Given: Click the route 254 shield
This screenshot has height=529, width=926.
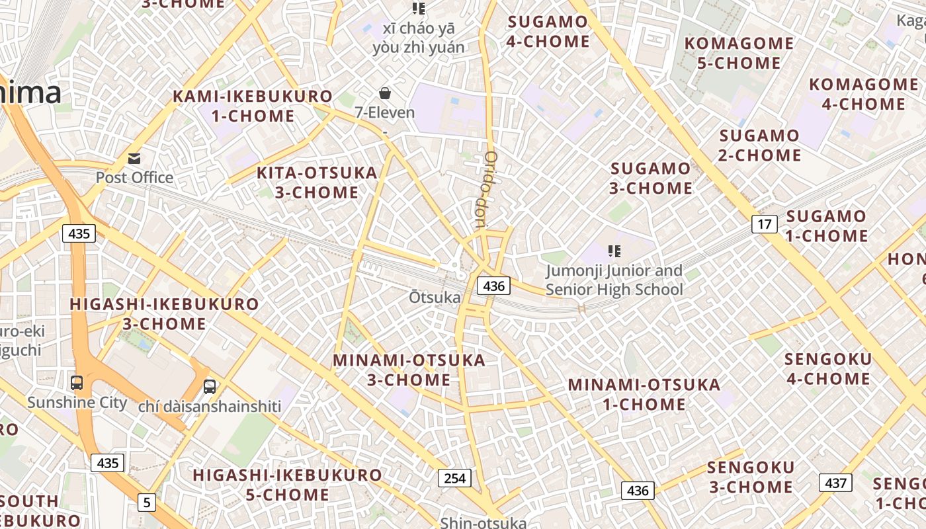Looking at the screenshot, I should [455, 478].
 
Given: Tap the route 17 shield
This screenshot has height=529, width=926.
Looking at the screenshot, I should [764, 224].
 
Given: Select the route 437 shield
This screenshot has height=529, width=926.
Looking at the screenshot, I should [835, 483].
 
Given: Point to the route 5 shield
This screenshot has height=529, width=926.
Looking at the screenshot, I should [146, 503].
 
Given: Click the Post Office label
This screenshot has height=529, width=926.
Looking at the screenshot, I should [134, 177].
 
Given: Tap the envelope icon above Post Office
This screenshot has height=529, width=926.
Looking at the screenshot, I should [134, 159].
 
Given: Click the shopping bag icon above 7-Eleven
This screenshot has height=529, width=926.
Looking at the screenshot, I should [385, 93].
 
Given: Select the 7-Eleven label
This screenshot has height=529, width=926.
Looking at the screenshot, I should [385, 112].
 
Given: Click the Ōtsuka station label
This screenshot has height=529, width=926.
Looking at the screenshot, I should [435, 298].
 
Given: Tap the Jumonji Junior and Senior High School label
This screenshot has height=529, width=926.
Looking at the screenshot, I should [614, 280].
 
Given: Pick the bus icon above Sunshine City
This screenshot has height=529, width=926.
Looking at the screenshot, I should [77, 383].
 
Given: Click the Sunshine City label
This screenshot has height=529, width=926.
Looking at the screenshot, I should [77, 402].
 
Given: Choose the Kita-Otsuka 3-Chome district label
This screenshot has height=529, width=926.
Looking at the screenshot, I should [317, 183].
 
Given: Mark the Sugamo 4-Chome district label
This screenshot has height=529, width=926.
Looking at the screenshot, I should [548, 32].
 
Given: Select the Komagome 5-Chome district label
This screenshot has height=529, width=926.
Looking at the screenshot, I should [739, 54].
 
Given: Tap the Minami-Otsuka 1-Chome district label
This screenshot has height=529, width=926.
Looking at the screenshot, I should [644, 394].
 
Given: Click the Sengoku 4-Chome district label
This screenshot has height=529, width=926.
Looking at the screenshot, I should [827, 369].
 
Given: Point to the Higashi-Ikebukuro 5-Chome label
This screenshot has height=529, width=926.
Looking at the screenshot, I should [287, 485].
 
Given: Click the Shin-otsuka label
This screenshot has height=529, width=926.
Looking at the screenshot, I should [484, 522].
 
